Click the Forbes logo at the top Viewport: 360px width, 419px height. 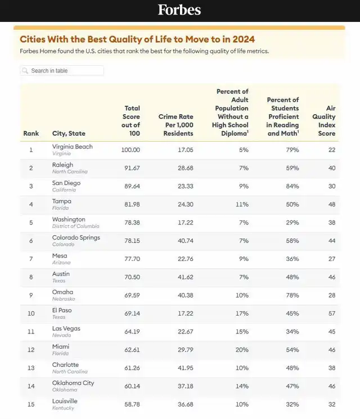179,10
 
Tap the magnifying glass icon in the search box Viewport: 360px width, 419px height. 25,71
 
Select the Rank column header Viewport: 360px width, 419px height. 31,133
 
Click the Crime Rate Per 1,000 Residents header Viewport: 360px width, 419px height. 175,125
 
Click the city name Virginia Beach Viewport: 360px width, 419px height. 72,147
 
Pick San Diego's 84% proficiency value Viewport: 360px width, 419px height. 292,186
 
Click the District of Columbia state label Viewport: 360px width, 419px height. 75,226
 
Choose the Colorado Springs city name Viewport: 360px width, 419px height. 76,237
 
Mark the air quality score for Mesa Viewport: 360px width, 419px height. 331,259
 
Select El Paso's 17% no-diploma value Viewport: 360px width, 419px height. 242,313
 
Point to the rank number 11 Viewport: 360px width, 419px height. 31,332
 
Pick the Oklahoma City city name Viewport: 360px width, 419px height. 73,383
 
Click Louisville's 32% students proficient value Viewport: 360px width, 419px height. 292,404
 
